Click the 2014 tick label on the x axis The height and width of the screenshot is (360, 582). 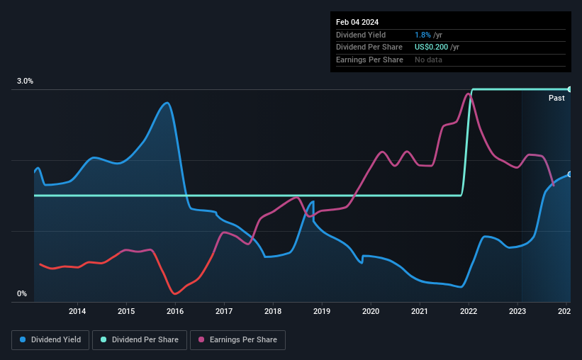[77, 311]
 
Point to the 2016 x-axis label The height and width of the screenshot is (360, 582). [175, 311]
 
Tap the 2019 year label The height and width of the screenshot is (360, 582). [322, 311]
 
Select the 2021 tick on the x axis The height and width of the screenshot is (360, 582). [420, 311]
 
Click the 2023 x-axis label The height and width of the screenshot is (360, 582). [517, 311]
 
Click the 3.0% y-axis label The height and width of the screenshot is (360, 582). [26, 81]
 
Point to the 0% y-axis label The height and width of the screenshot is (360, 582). [22, 293]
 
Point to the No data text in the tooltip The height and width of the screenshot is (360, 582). [429, 60]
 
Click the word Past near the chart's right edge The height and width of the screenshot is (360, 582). [556, 98]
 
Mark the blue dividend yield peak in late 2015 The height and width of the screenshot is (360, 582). [167, 103]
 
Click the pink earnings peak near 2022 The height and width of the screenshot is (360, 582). [467, 94]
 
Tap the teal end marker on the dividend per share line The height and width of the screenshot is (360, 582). [569, 89]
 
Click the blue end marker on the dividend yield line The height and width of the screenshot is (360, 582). [569, 174]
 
